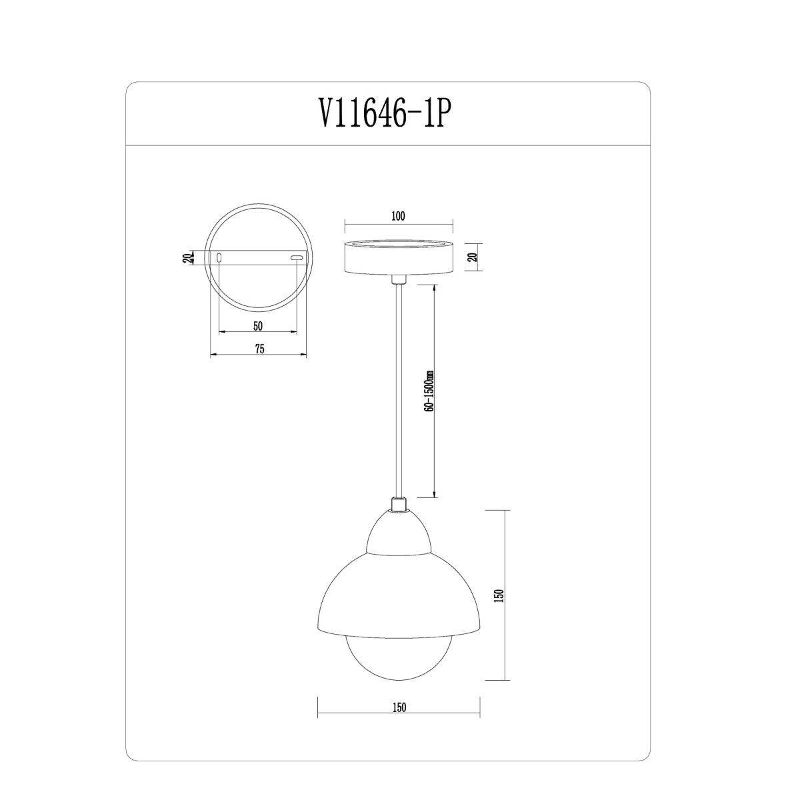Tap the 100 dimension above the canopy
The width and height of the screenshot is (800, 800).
398,216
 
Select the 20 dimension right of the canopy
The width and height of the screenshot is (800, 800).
473,257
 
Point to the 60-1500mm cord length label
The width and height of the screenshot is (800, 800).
429,390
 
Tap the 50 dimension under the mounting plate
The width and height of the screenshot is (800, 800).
258,326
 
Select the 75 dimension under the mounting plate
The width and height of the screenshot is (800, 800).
259,349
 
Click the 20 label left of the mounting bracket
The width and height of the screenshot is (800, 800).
188,258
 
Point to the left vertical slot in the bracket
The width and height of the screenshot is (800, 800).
219,257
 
